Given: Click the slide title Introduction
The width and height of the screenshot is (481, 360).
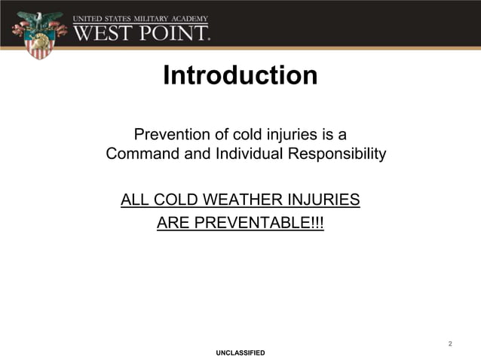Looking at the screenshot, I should [240, 76].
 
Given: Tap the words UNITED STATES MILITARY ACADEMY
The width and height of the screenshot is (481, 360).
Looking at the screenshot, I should [142, 17].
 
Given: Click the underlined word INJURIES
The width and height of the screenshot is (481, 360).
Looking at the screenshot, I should [325, 200].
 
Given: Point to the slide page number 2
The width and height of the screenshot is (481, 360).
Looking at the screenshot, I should [450, 344].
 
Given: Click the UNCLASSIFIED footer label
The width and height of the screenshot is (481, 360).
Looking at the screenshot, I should [240, 352].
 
